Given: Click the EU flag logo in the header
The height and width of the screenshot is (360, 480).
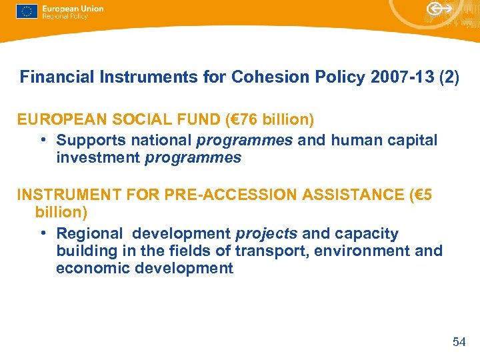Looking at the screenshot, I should (27, 11).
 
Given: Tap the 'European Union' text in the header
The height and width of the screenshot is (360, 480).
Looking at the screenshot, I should (72, 8).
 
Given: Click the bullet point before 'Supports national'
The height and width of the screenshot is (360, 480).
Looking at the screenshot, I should (42, 141).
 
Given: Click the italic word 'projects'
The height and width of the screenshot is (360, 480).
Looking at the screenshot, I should (266, 234).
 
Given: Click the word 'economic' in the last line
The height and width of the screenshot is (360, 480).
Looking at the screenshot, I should (89, 269).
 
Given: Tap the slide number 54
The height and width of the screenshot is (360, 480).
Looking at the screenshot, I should (459, 342).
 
